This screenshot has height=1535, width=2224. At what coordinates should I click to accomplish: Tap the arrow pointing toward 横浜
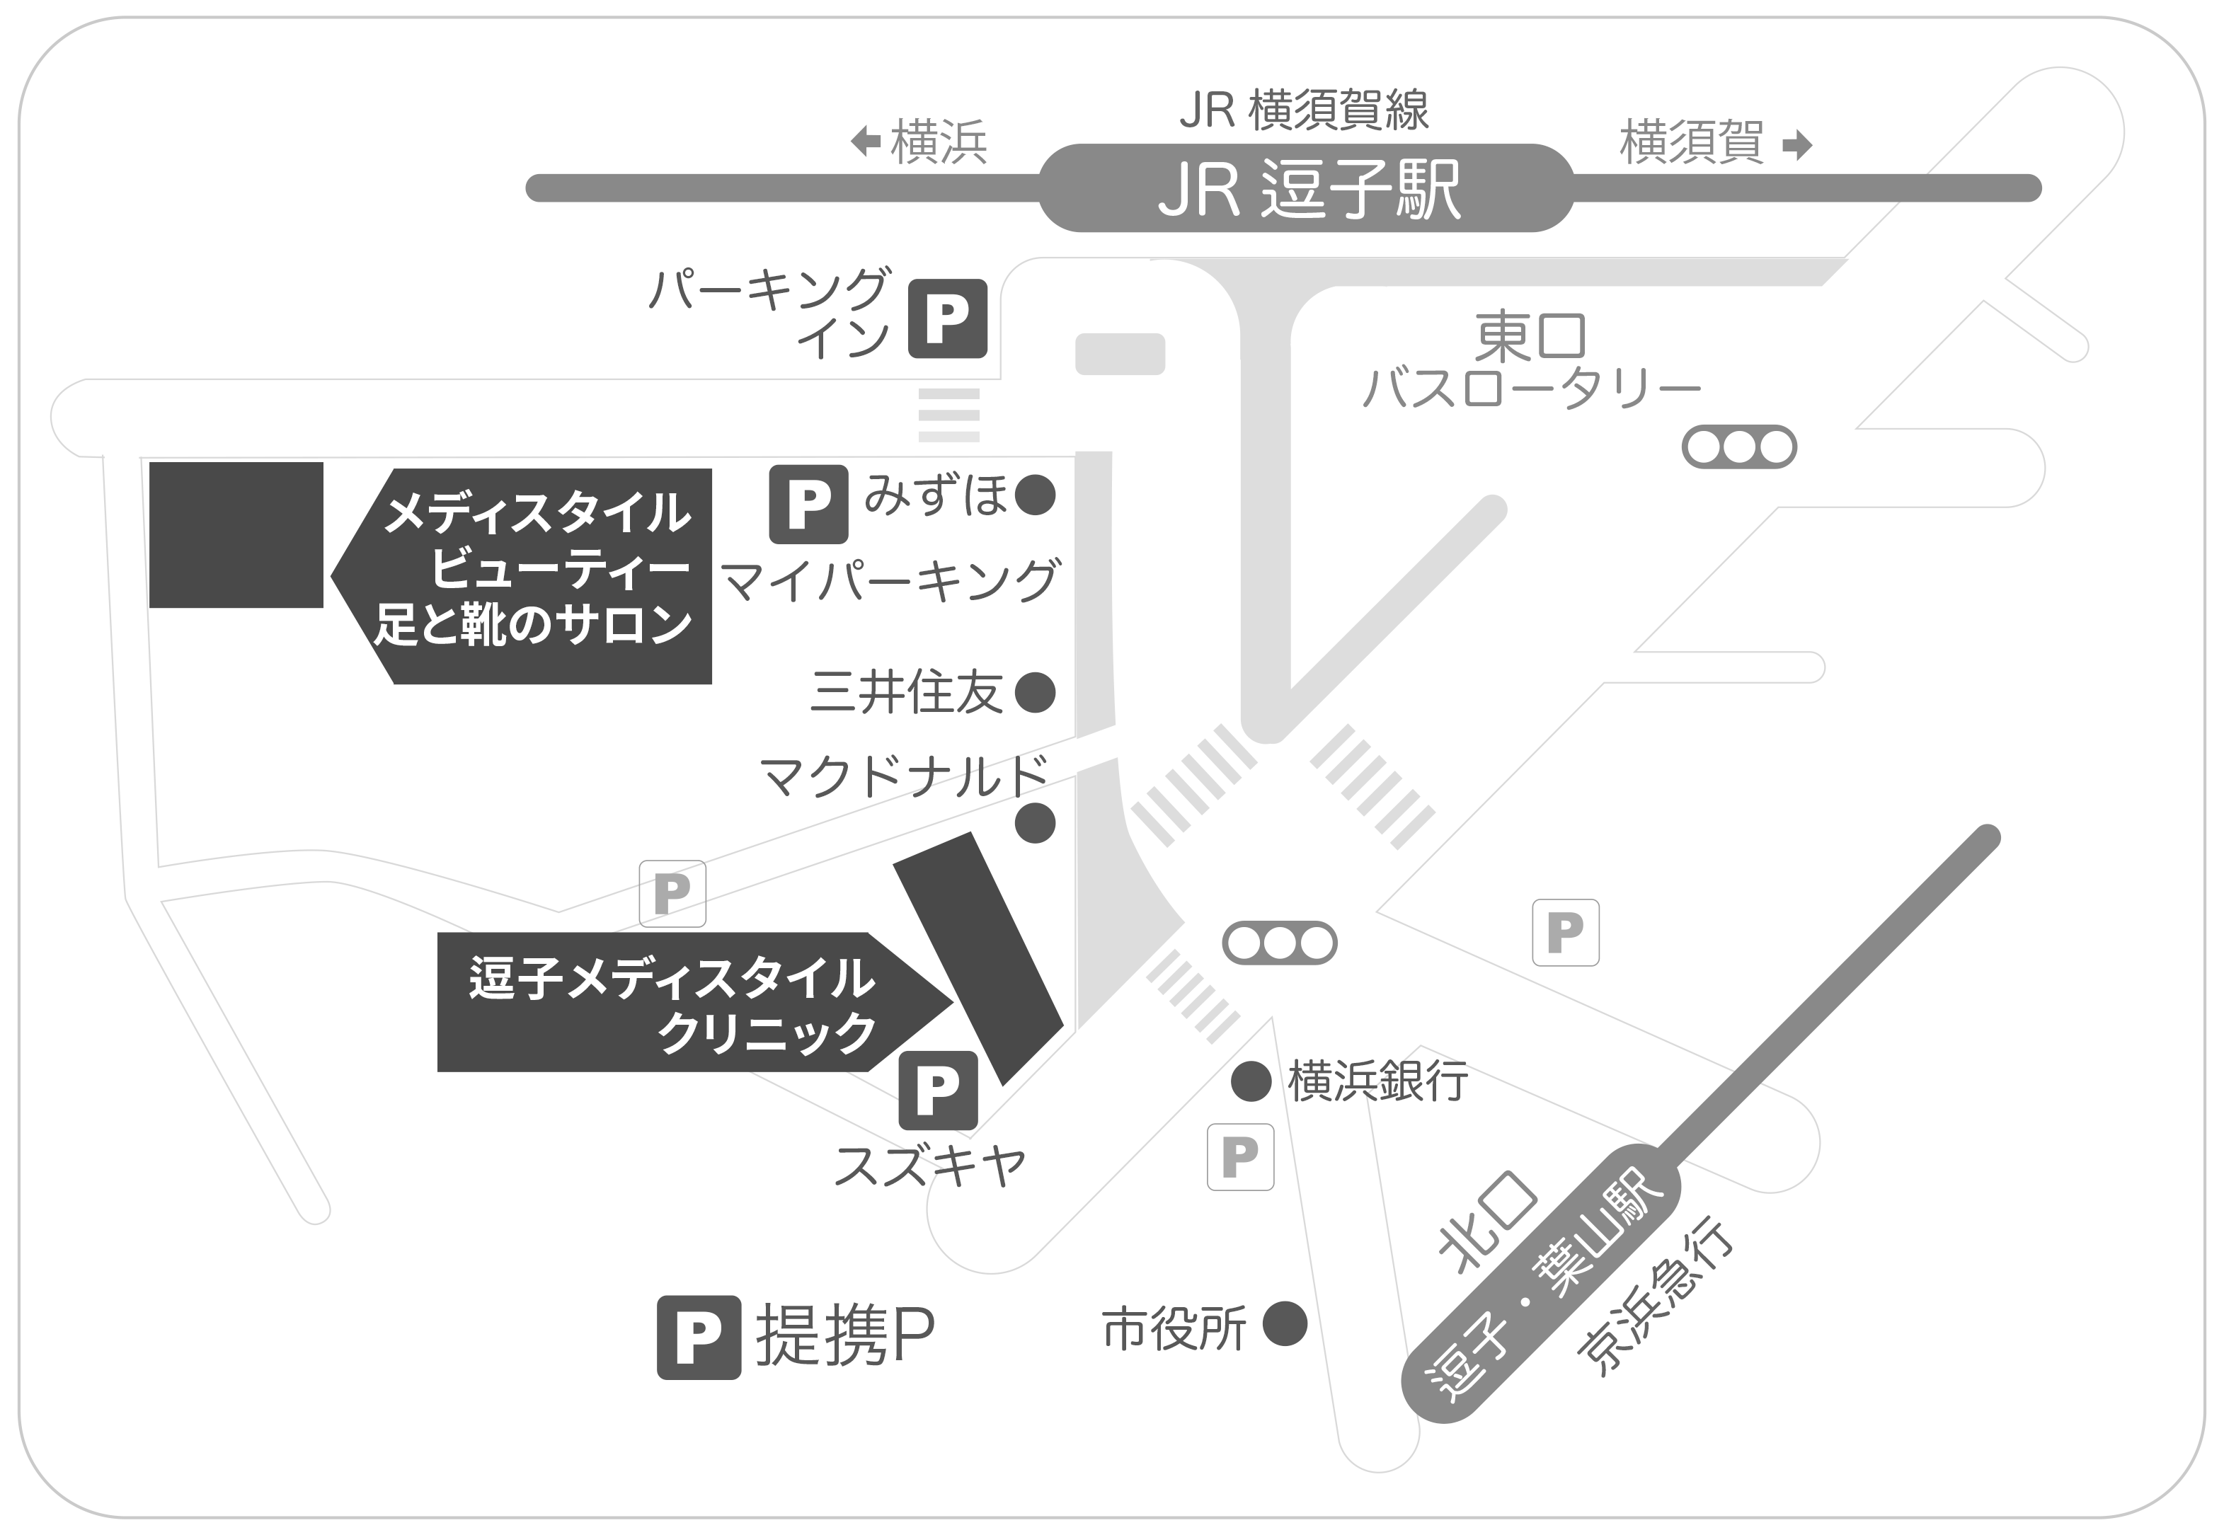point(866,142)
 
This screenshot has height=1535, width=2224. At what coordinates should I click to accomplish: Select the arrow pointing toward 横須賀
point(1796,145)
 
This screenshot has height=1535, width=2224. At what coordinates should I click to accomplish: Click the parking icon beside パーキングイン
point(948,318)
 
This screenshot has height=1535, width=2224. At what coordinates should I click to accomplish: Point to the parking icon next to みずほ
point(808,504)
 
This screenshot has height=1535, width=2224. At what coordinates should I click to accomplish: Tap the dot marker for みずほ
point(1035,495)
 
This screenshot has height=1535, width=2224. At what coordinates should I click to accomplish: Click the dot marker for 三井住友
point(1035,692)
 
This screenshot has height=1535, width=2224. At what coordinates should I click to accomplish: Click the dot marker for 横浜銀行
point(1251,1082)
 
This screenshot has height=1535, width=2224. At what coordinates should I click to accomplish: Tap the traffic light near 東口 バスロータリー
point(1738,447)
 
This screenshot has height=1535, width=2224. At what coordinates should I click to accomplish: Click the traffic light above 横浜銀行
point(1279,943)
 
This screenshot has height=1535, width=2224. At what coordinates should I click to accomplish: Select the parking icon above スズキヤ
point(937,1091)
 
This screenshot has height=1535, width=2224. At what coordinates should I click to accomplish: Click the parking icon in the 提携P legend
point(699,1338)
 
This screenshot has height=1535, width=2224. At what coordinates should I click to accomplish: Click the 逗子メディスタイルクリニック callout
point(673,1002)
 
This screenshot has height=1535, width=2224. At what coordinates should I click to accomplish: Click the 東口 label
point(1530,337)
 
